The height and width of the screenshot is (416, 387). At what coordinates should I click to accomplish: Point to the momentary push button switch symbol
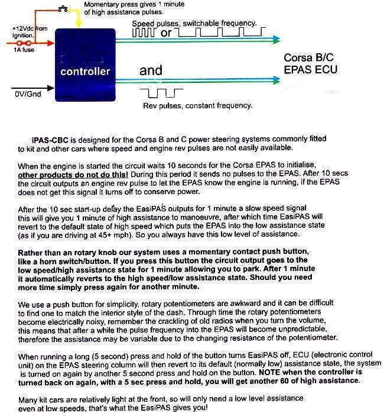pos(63,9)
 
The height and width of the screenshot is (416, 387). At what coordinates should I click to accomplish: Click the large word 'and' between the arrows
pos(151,71)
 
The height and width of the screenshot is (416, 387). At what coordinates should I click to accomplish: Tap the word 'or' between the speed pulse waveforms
pos(166,33)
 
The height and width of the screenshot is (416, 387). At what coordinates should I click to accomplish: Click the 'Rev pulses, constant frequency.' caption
pos(197,106)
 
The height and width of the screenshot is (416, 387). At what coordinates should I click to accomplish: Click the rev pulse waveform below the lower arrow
pos(162,92)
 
